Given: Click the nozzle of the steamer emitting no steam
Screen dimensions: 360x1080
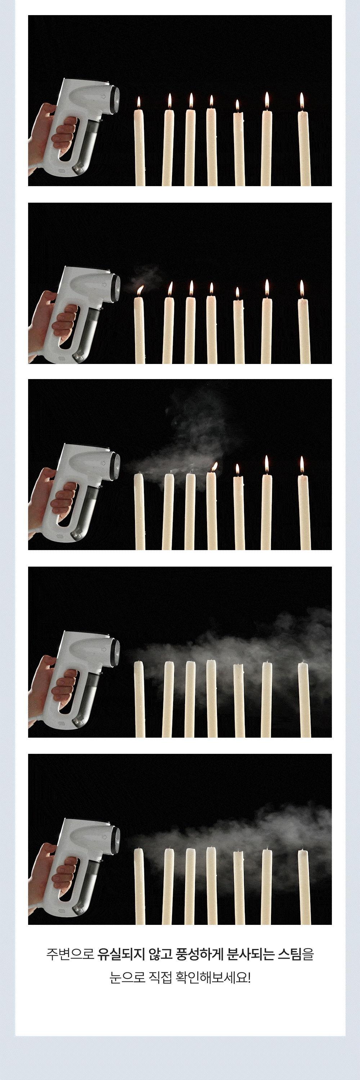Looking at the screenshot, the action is click(x=116, y=99).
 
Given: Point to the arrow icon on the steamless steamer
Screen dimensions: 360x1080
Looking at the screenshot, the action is click(x=104, y=96).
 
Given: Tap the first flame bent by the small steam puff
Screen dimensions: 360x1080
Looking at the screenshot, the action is click(x=140, y=290).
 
